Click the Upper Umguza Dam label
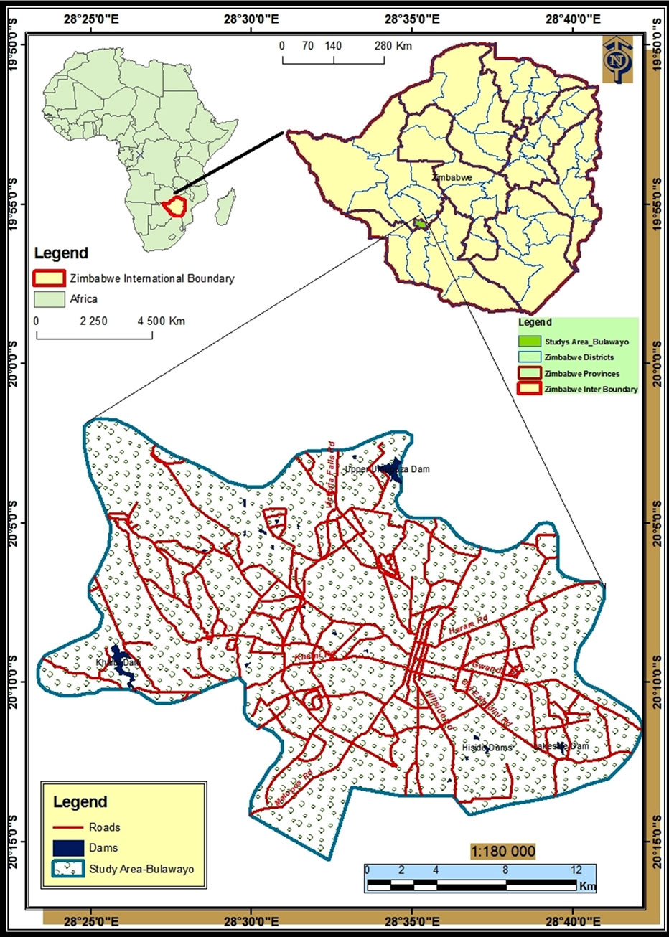click(387, 469)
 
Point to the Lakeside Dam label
click(561, 746)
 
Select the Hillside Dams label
click(487, 748)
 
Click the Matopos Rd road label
click(294, 786)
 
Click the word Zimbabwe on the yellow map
click(452, 176)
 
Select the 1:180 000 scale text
click(503, 851)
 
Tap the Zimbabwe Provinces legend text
click(581, 373)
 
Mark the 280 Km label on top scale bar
click(393, 46)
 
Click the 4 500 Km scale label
click(161, 321)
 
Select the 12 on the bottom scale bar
click(576, 870)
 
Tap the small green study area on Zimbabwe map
click(421, 225)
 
